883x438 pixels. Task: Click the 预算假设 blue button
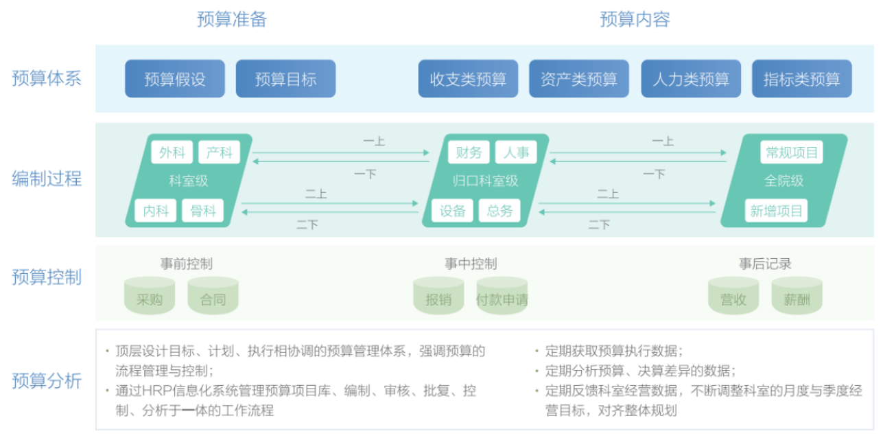[x=175, y=78]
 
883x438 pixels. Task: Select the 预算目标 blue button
[x=286, y=78]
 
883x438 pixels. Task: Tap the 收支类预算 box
[x=468, y=78]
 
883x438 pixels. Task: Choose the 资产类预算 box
[x=578, y=78]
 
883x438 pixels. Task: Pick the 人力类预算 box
[x=691, y=78]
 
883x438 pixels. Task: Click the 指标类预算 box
[x=802, y=78]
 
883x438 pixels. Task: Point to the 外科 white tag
[x=172, y=152]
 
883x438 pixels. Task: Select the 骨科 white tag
[x=202, y=211]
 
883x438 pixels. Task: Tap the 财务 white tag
[x=469, y=152]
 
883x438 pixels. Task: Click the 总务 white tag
[x=499, y=211]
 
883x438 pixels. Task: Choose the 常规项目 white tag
[x=792, y=152]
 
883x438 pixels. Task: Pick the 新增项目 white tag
[x=776, y=211]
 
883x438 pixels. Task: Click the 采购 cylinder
[x=150, y=296]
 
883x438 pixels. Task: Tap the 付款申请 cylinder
[x=502, y=296]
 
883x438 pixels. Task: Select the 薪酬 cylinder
[x=797, y=296]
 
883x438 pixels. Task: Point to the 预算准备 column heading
[x=232, y=19]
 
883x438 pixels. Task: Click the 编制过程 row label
[x=47, y=178]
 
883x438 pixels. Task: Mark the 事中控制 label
[x=471, y=264]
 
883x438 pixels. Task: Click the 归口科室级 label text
[x=485, y=181]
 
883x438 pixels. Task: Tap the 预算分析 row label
[x=47, y=381]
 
